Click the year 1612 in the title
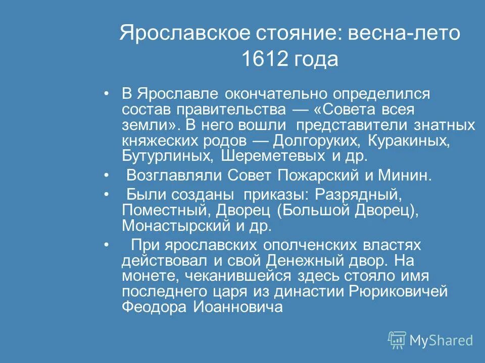264,59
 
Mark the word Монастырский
174,226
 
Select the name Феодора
152,308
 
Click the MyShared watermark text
441,340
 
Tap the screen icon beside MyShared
397,340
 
